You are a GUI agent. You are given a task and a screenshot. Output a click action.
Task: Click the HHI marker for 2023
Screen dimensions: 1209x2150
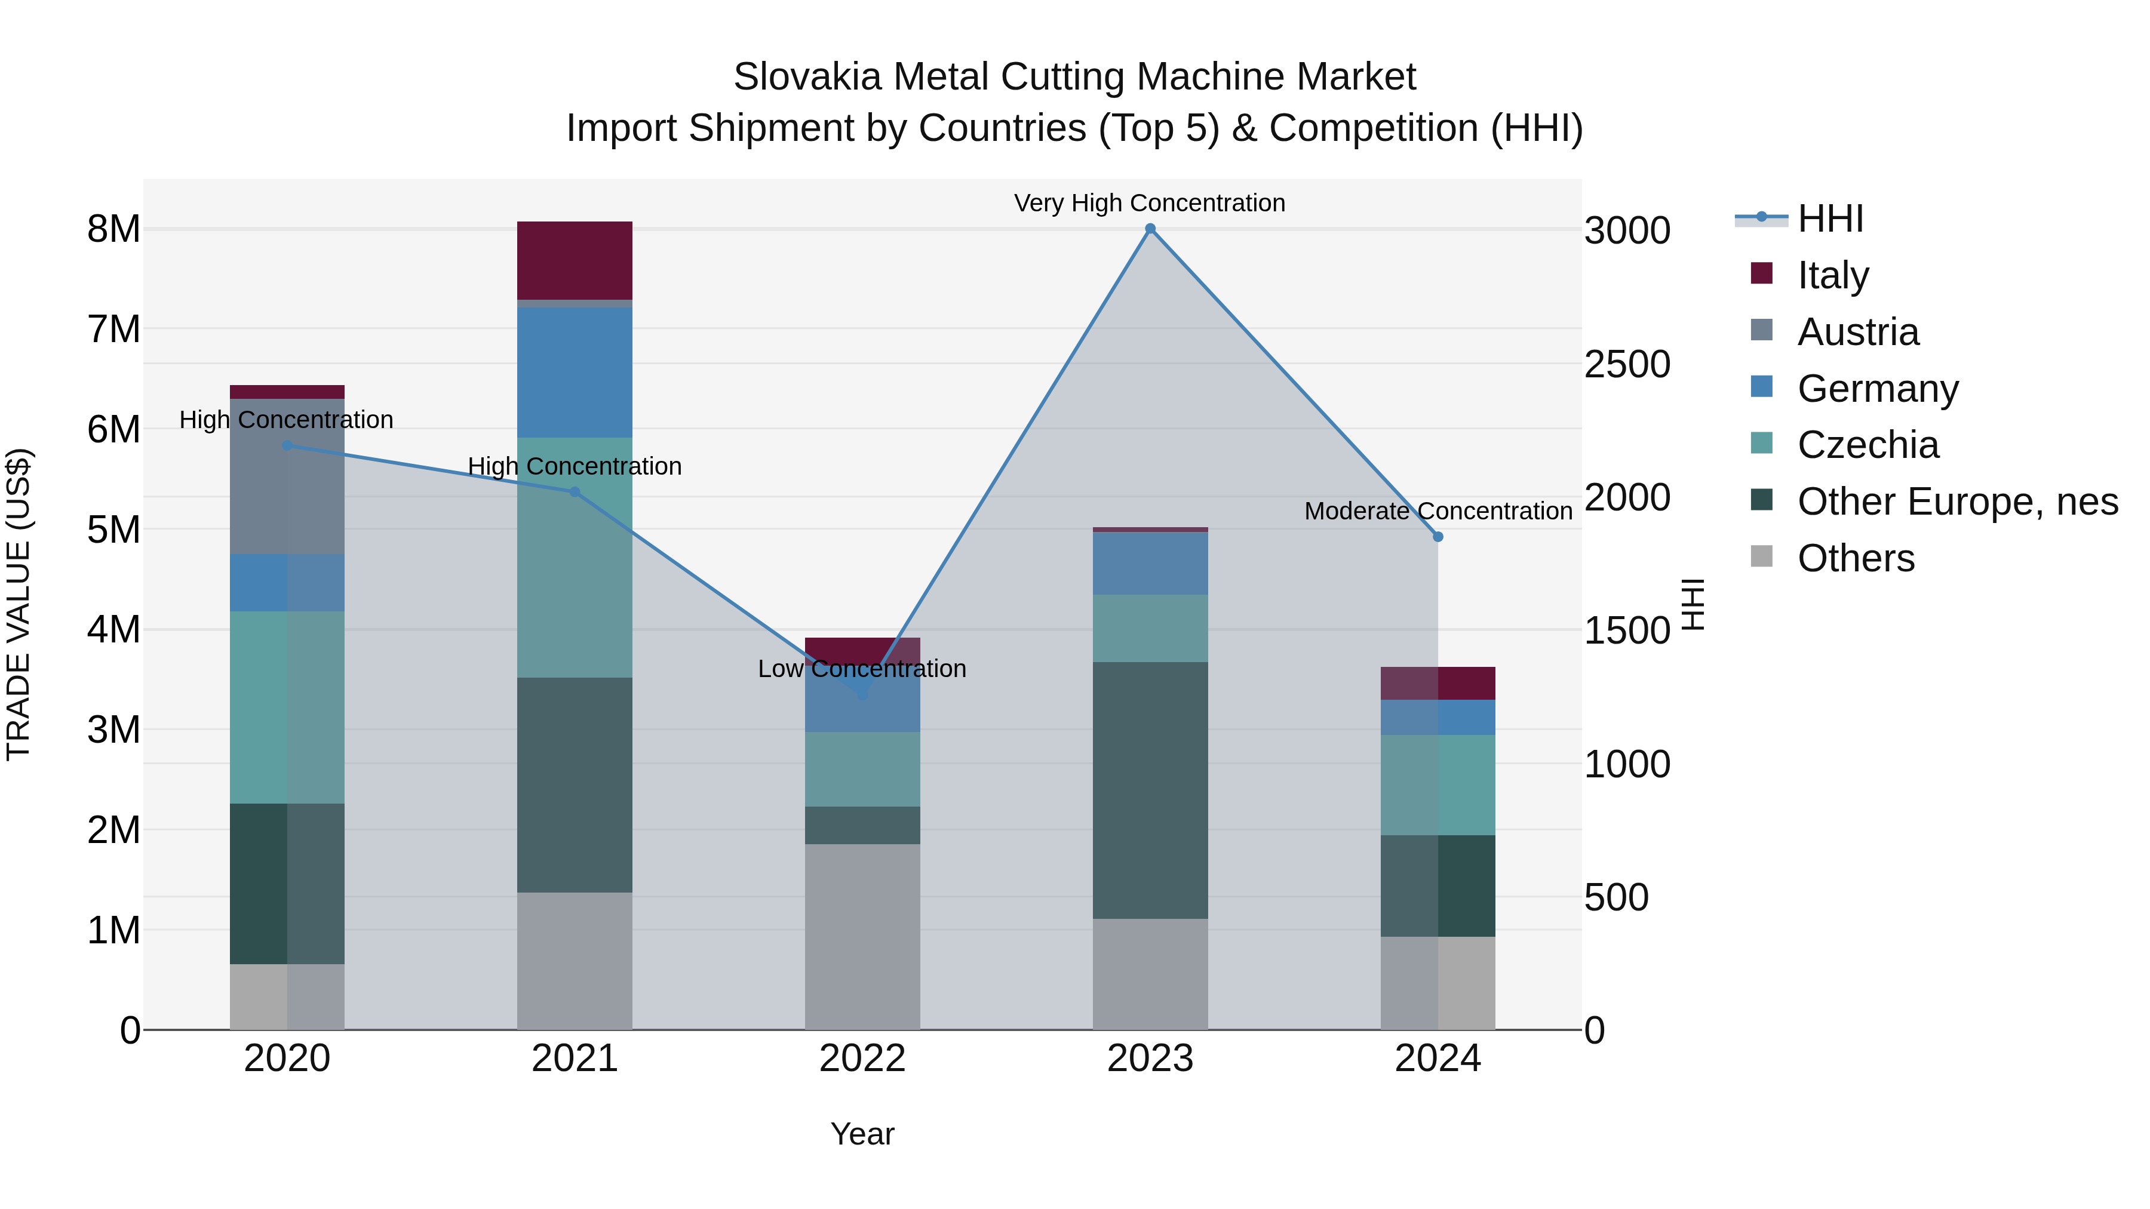(x=1150, y=229)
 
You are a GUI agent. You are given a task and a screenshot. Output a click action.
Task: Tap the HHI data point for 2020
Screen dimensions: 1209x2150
(x=287, y=445)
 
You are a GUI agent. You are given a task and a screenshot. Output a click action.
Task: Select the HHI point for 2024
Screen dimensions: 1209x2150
(x=1438, y=537)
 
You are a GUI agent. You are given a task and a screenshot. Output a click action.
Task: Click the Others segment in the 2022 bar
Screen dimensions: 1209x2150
(x=862, y=936)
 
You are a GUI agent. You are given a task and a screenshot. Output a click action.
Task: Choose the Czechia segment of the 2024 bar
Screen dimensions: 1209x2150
(x=1438, y=785)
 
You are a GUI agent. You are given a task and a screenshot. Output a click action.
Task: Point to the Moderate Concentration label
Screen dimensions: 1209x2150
(x=1438, y=510)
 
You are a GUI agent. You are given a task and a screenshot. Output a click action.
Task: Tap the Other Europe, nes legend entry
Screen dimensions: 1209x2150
(x=1956, y=502)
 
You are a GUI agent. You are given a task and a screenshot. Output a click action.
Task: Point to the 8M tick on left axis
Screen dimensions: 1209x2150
(x=113, y=229)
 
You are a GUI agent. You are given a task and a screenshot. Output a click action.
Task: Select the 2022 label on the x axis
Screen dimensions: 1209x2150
(x=862, y=1059)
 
